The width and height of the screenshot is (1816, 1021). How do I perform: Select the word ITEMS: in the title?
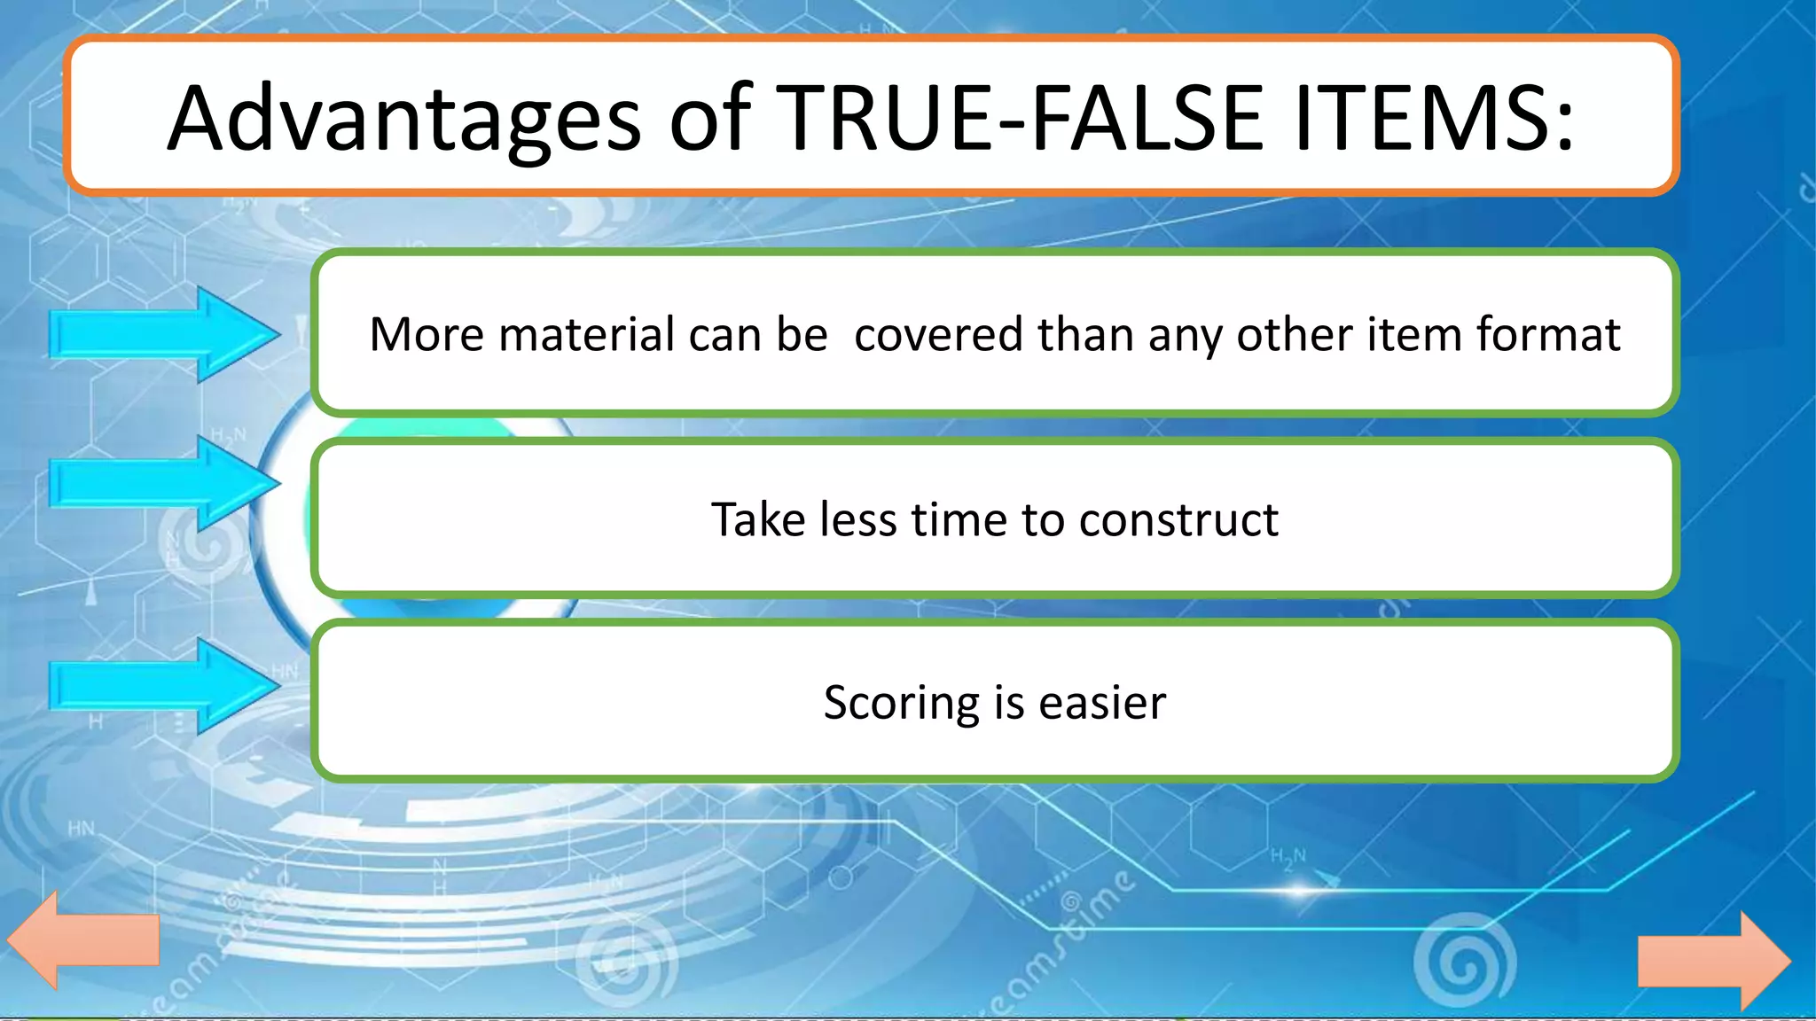coord(1433,118)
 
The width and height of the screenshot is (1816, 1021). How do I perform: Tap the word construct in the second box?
coord(1178,519)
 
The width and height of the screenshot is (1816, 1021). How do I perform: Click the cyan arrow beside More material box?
coord(164,335)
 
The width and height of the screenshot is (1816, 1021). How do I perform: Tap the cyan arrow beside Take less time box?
coord(164,484)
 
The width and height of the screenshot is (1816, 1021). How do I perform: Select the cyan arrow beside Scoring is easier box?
coord(164,686)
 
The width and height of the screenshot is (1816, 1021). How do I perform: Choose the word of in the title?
coord(710,118)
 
